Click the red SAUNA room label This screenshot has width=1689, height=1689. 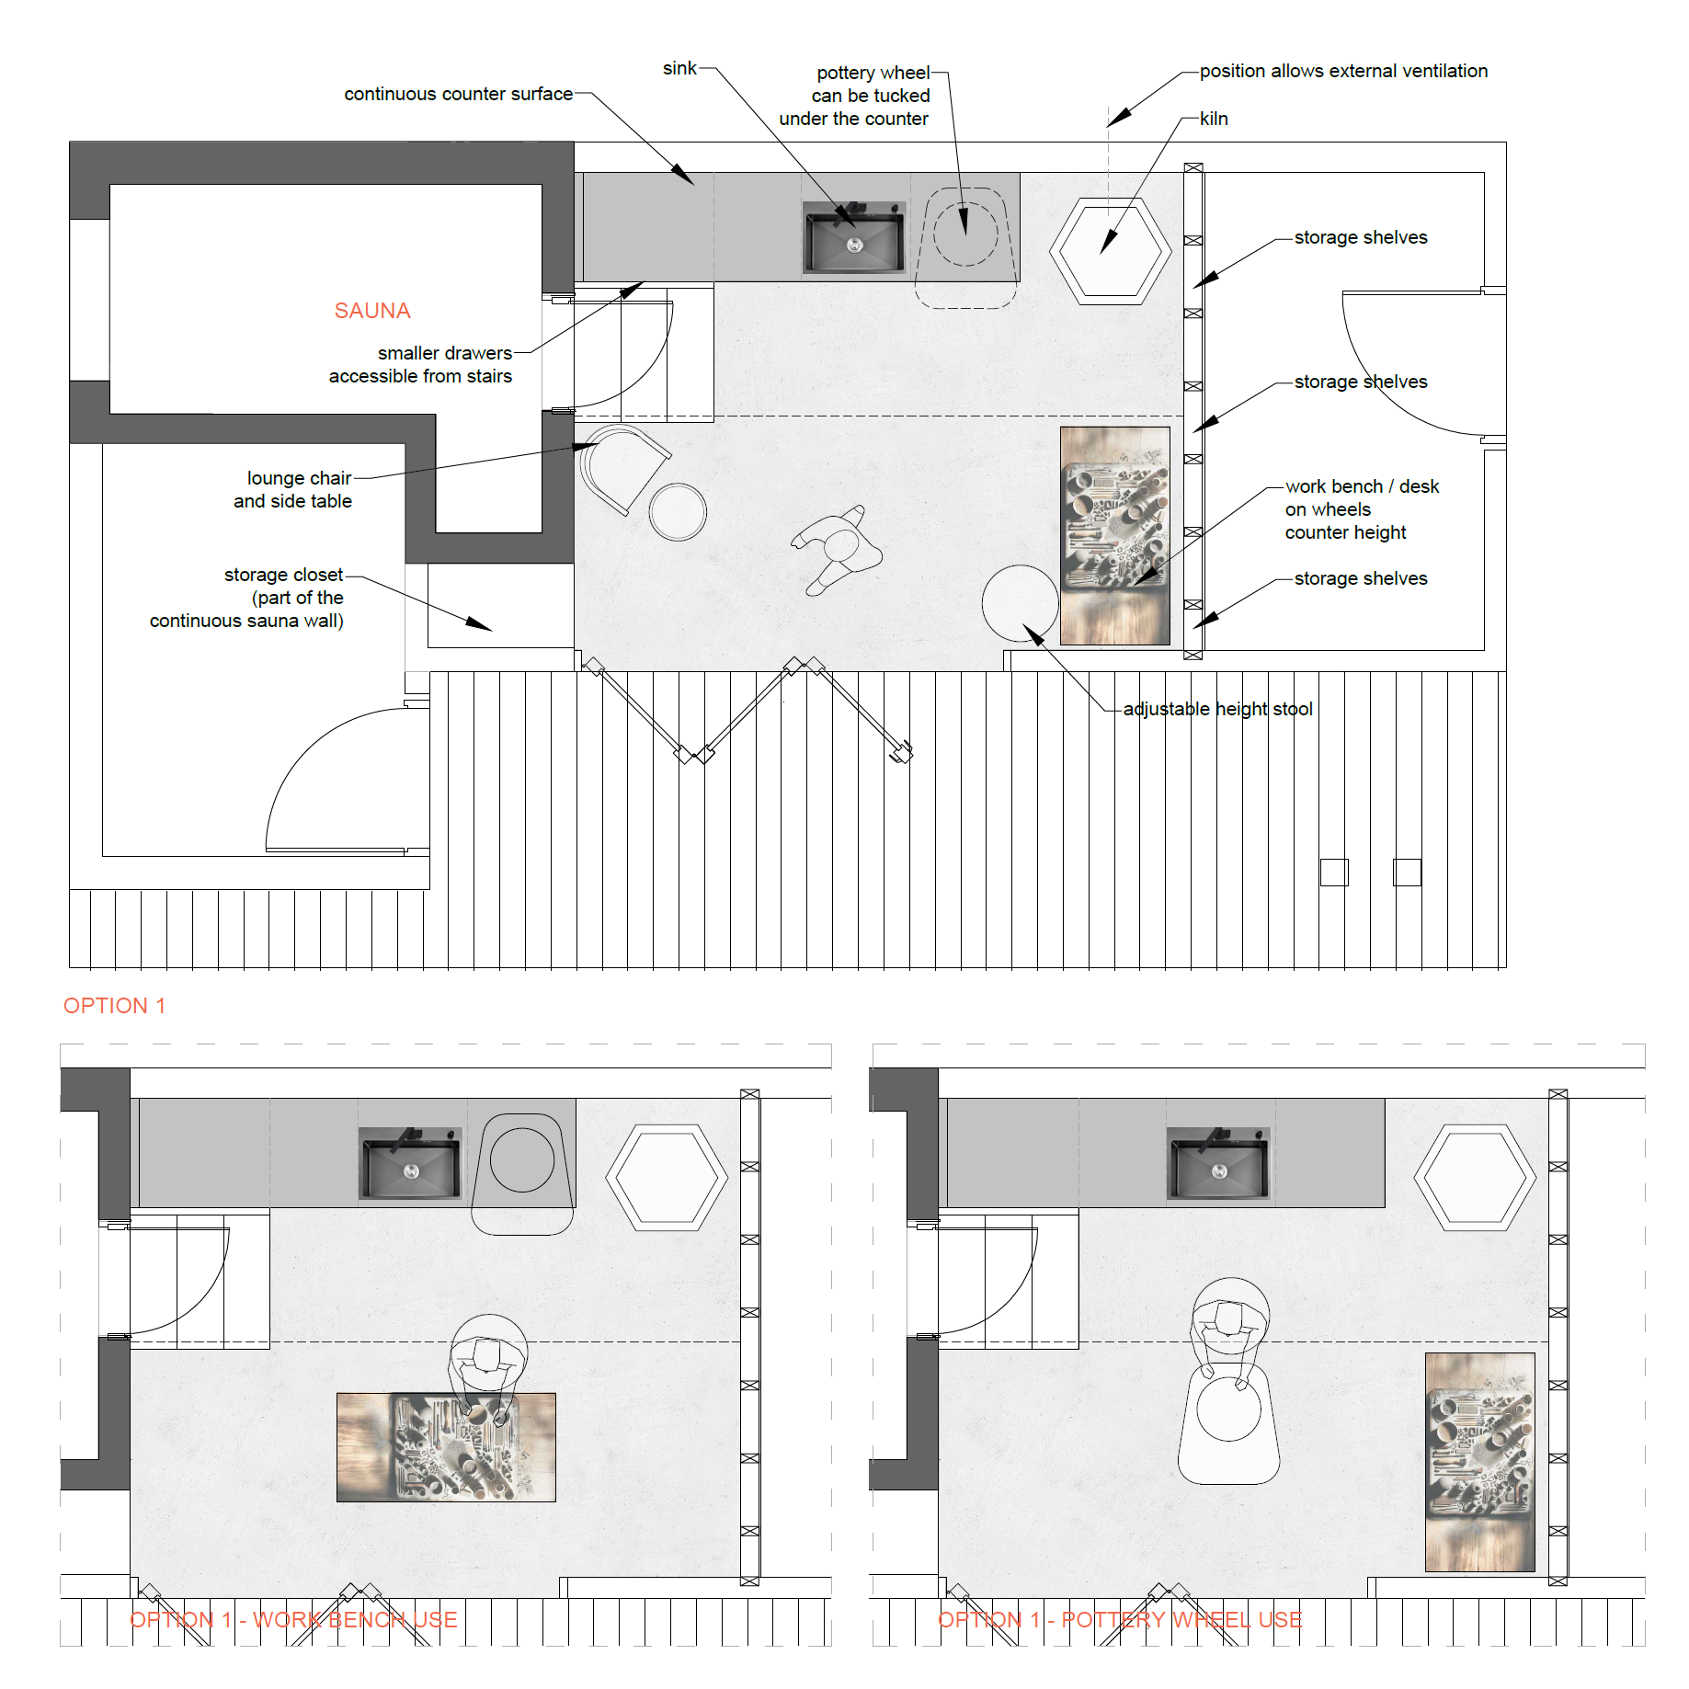[372, 311]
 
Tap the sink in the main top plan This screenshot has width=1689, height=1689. [854, 237]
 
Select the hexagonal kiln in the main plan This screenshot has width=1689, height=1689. [1111, 251]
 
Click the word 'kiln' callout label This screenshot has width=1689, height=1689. [1214, 119]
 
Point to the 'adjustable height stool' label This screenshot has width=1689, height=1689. [1218, 709]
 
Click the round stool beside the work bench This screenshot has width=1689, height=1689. [1021, 603]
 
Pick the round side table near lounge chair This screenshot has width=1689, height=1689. [678, 512]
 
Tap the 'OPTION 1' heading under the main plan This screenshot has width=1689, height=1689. [114, 1006]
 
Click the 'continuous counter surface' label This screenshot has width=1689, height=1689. [458, 94]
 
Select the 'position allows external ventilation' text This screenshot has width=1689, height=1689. [1343, 71]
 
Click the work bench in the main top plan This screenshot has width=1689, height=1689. [1115, 535]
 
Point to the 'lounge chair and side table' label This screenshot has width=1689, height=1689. [292, 489]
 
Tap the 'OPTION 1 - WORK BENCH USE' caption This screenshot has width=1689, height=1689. [293, 1619]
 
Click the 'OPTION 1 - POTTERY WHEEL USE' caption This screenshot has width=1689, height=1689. [1120, 1619]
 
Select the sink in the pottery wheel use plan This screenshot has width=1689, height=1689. [1218, 1164]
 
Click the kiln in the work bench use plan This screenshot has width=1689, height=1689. [667, 1177]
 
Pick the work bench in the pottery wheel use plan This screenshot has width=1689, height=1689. [1480, 1462]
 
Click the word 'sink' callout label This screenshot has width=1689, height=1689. [679, 68]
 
